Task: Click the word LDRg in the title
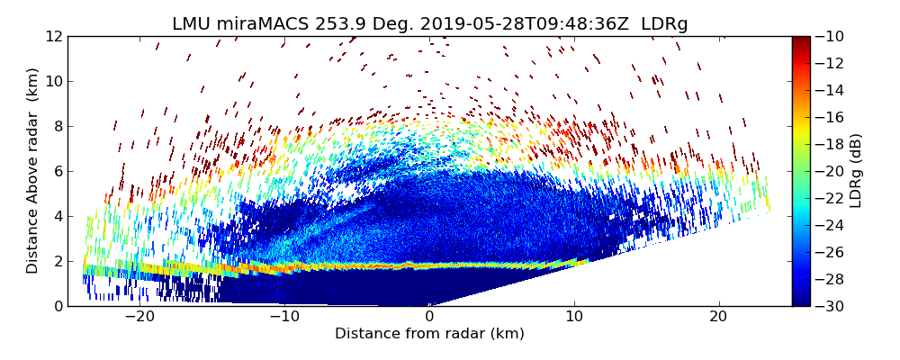pos(664,24)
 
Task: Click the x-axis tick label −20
pos(139,317)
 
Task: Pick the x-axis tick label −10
pos(284,317)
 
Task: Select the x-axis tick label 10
pos(574,317)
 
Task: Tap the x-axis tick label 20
pos(718,317)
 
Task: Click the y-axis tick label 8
pos(58,126)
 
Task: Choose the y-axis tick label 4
pos(58,216)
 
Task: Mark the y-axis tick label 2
pos(58,261)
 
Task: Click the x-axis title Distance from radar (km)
pos(429,334)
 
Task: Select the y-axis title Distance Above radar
pos(33,171)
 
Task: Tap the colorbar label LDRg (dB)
pos(856,171)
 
